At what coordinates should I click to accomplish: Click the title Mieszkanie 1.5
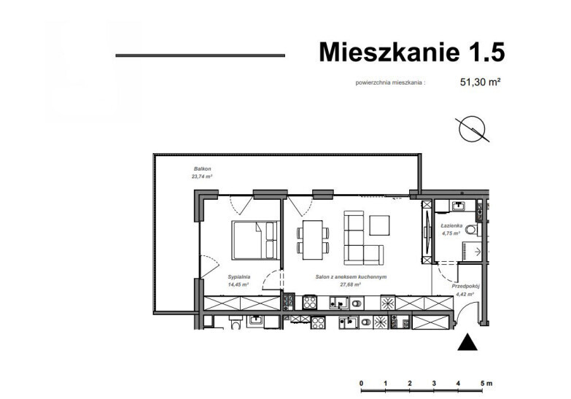(x=411, y=52)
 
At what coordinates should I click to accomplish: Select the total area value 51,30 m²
(x=481, y=82)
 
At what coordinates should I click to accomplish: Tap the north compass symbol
(x=473, y=128)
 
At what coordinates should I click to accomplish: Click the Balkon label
(x=203, y=168)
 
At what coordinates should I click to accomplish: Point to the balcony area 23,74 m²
(x=202, y=177)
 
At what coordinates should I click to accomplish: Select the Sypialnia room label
(x=239, y=276)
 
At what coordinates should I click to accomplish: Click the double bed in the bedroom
(x=255, y=240)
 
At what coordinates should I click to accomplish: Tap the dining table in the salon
(x=313, y=240)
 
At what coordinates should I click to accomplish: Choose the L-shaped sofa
(x=363, y=238)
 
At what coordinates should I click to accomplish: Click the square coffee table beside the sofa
(x=379, y=225)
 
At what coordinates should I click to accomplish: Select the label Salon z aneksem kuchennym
(x=351, y=277)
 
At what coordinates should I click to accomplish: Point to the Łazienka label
(x=451, y=226)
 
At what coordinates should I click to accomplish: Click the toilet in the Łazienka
(x=472, y=230)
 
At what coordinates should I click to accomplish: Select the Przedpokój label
(x=466, y=287)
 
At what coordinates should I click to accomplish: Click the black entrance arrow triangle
(x=467, y=343)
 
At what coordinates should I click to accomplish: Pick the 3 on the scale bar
(x=434, y=384)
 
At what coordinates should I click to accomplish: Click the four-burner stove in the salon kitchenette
(x=310, y=303)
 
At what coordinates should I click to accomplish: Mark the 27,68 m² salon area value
(x=350, y=284)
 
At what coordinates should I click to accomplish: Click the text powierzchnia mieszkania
(x=389, y=82)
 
